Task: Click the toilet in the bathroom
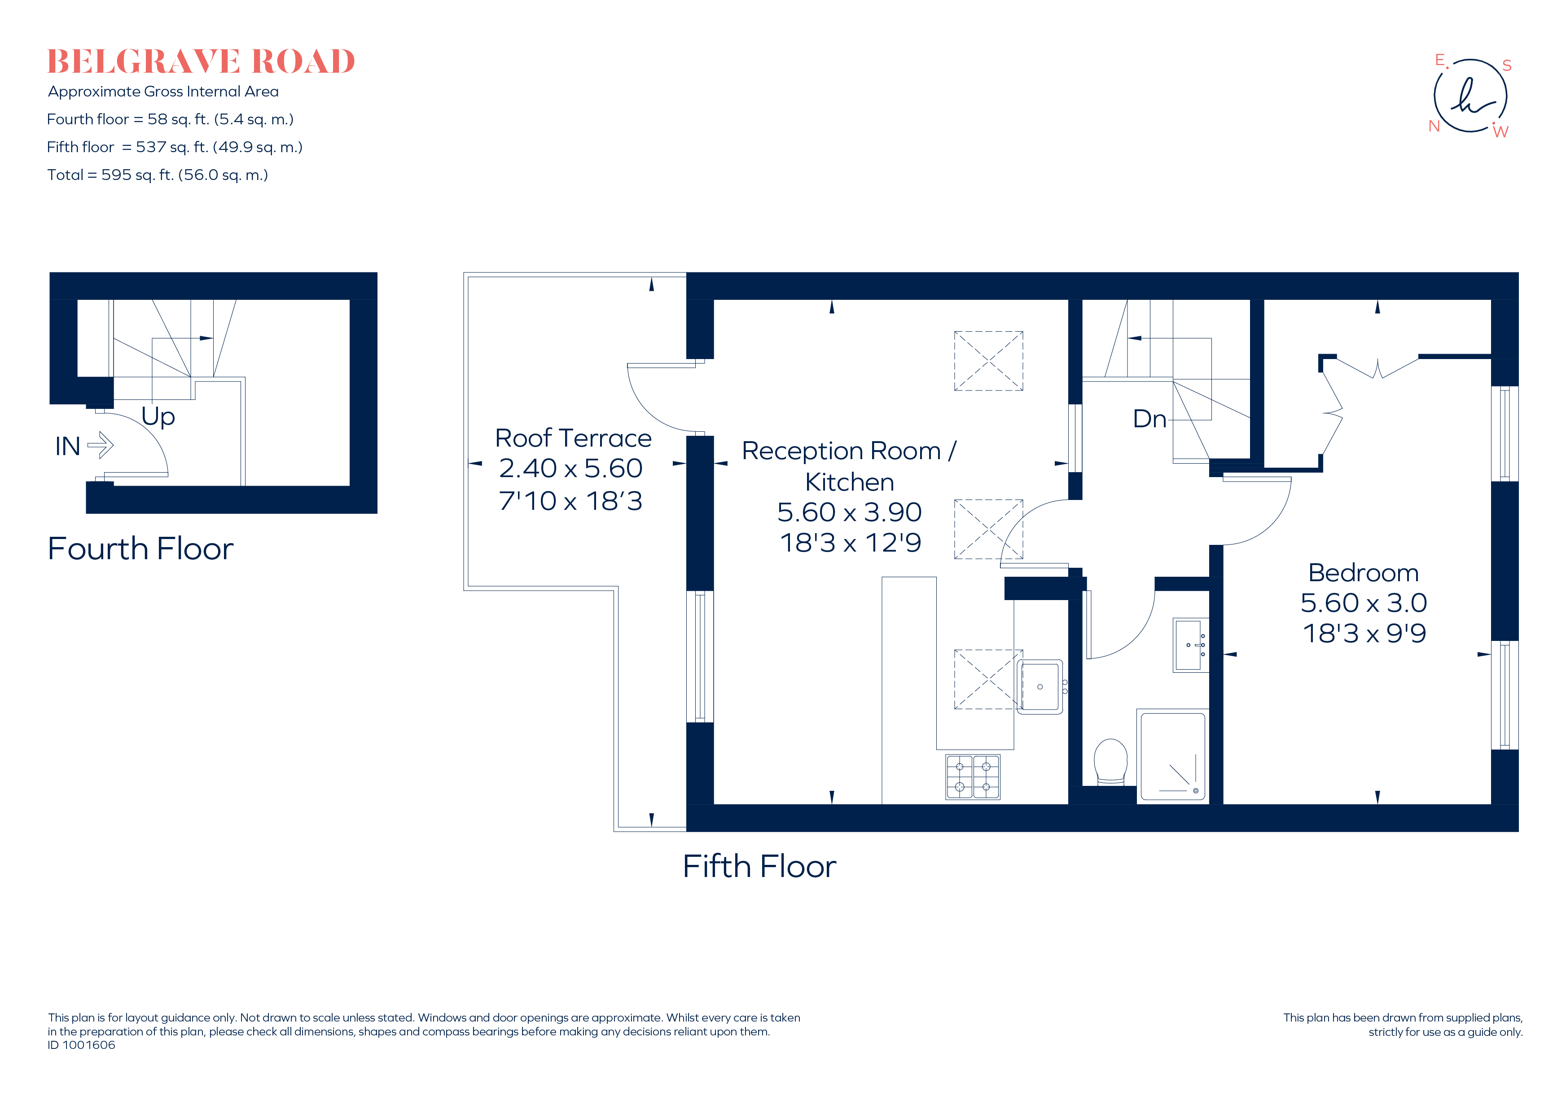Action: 1110,762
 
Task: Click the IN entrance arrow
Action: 100,445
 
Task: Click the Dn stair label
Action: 1149,419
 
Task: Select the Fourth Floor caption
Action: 140,548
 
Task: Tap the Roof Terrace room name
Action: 573,438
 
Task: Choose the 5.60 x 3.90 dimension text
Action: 849,512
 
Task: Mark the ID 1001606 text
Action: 81,1045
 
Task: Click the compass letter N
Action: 1434,126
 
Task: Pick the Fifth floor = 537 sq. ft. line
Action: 175,147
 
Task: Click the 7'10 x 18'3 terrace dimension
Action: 570,501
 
